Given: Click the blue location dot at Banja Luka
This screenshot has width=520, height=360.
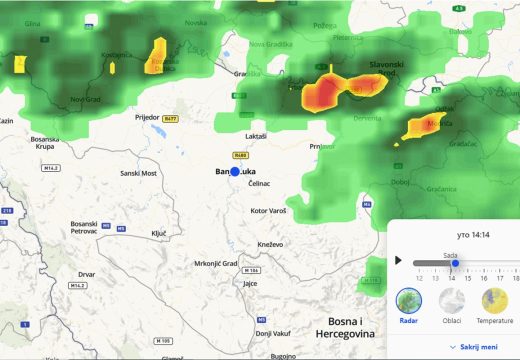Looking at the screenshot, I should [236, 171].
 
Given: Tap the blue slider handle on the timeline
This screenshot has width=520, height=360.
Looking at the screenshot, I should [454, 263].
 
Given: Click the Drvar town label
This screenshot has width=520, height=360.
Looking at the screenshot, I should [86, 273].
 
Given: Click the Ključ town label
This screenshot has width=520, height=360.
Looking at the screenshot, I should [159, 233].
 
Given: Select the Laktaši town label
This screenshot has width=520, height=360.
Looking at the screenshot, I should [256, 135].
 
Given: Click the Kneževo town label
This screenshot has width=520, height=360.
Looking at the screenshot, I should [270, 244].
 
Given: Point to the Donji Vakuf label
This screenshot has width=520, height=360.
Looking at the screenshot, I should [271, 332].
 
